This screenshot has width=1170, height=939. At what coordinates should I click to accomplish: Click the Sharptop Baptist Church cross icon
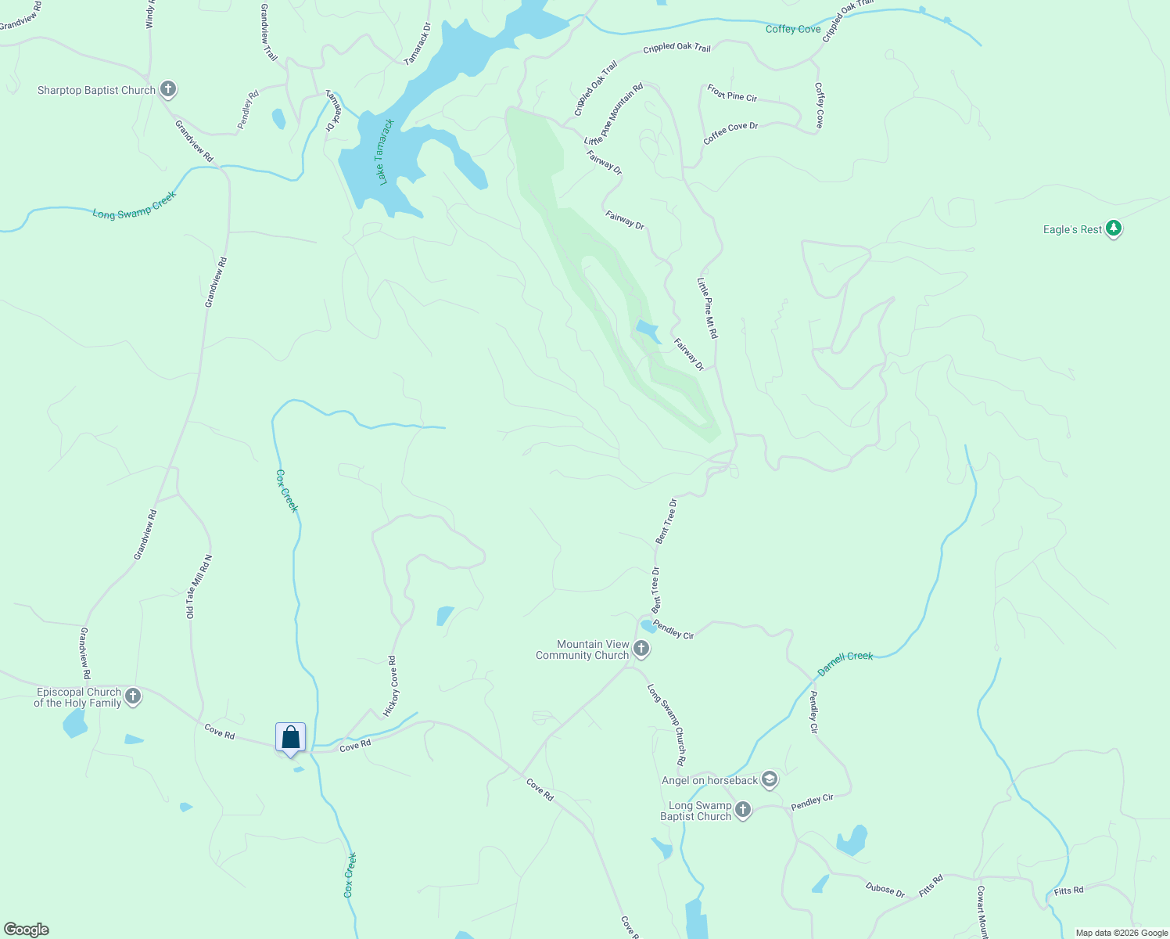(x=168, y=89)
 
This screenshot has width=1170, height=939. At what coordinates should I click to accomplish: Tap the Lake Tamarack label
(x=383, y=152)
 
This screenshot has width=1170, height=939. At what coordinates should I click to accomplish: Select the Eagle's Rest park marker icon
(x=1114, y=228)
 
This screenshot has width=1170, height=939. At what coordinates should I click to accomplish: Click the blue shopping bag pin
(x=290, y=738)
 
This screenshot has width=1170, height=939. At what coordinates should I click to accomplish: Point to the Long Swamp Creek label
(x=135, y=205)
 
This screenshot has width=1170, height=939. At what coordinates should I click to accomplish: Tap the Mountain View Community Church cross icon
(x=641, y=649)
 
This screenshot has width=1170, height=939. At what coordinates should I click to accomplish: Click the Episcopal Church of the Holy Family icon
(x=133, y=696)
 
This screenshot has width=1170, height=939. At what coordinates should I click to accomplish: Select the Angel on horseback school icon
(x=770, y=779)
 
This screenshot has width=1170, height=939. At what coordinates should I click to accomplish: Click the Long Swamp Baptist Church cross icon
(x=743, y=810)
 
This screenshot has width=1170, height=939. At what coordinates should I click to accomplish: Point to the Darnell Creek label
(x=845, y=664)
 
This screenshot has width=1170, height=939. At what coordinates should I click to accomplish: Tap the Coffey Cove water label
(x=793, y=29)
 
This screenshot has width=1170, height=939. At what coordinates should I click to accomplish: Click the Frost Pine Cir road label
(x=732, y=93)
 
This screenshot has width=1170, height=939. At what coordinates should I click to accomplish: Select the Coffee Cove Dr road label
(x=730, y=132)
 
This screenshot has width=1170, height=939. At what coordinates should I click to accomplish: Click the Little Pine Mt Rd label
(x=708, y=308)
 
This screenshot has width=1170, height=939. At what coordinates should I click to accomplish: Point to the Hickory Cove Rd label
(x=391, y=686)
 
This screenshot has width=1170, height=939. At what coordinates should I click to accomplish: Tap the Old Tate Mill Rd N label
(x=199, y=587)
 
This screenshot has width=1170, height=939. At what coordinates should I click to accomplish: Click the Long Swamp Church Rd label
(x=667, y=725)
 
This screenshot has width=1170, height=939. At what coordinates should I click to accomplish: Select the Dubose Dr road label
(x=885, y=890)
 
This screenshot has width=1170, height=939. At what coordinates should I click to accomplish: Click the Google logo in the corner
(x=27, y=929)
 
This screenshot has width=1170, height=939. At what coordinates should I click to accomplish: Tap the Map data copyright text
(x=1121, y=933)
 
